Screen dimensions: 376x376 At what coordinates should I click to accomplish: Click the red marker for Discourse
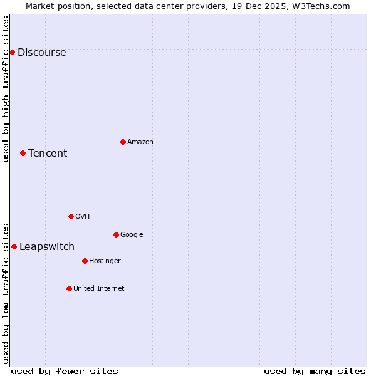pyautogui.click(x=12, y=52)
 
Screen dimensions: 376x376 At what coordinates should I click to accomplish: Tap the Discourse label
pyautogui.click(x=41, y=53)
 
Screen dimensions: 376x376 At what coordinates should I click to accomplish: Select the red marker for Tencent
pyautogui.click(x=23, y=153)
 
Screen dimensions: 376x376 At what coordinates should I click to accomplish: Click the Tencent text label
pyautogui.click(x=48, y=154)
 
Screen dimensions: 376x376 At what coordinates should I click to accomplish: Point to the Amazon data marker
pyautogui.click(x=123, y=142)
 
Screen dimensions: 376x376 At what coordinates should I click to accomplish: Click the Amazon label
pyautogui.click(x=140, y=142)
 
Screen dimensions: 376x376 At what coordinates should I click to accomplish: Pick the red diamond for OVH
pyautogui.click(x=71, y=216)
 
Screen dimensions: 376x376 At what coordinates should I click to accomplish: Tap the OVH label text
pyautogui.click(x=82, y=217)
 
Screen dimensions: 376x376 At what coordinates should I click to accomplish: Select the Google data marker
pyautogui.click(x=116, y=234)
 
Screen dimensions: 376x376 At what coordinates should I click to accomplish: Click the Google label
pyautogui.click(x=132, y=235)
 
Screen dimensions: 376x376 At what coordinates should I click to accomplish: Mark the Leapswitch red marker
pyautogui.click(x=14, y=246)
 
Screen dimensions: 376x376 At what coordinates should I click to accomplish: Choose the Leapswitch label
pyautogui.click(x=47, y=247)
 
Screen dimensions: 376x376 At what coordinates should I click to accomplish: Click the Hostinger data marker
pyautogui.click(x=85, y=261)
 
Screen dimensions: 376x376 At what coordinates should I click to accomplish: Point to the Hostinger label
pyautogui.click(x=105, y=261)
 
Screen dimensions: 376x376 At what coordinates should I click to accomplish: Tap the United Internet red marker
pyautogui.click(x=69, y=288)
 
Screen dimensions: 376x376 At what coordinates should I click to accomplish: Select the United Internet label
pyautogui.click(x=98, y=289)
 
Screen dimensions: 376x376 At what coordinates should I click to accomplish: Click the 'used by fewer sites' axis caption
pyautogui.click(x=65, y=371)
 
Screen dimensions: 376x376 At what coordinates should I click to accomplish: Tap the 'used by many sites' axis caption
pyautogui.click(x=315, y=371)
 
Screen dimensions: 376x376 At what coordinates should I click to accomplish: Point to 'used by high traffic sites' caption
pyautogui.click(x=6, y=89)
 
